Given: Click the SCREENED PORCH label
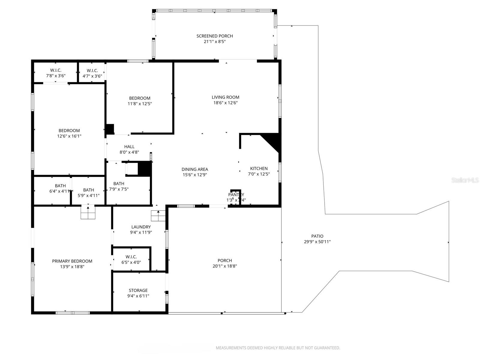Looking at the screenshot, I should (x=214, y=36).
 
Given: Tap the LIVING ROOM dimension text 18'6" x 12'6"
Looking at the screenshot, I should (x=225, y=103).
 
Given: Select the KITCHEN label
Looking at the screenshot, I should (x=259, y=169).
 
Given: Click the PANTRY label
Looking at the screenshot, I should (x=236, y=195).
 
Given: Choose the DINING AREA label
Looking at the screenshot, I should (x=195, y=169).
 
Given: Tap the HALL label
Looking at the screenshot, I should (x=129, y=147).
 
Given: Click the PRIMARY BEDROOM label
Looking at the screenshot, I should (x=72, y=261).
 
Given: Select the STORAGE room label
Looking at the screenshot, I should (x=138, y=290).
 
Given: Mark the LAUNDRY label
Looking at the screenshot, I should (x=141, y=227).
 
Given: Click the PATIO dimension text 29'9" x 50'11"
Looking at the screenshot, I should (x=317, y=242).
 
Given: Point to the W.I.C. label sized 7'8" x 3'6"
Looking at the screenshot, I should (x=56, y=70).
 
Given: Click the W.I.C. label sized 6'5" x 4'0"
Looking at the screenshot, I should (x=131, y=257).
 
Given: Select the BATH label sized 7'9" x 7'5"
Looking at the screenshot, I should (x=119, y=184).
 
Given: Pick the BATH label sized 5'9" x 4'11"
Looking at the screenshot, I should (x=88, y=190).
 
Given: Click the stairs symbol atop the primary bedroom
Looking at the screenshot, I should (x=88, y=213).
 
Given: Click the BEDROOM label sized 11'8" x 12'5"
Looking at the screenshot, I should (x=139, y=98).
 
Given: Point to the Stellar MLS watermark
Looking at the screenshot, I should (x=465, y=180).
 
